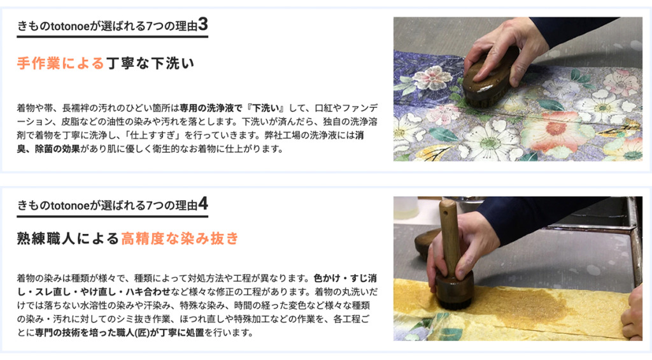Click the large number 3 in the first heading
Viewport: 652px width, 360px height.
(202, 25)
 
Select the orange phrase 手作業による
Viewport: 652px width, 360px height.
(60, 63)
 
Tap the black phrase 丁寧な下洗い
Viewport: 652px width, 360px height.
(149, 63)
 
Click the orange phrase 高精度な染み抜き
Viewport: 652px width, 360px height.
(180, 239)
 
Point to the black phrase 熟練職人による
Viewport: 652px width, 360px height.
(68, 239)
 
